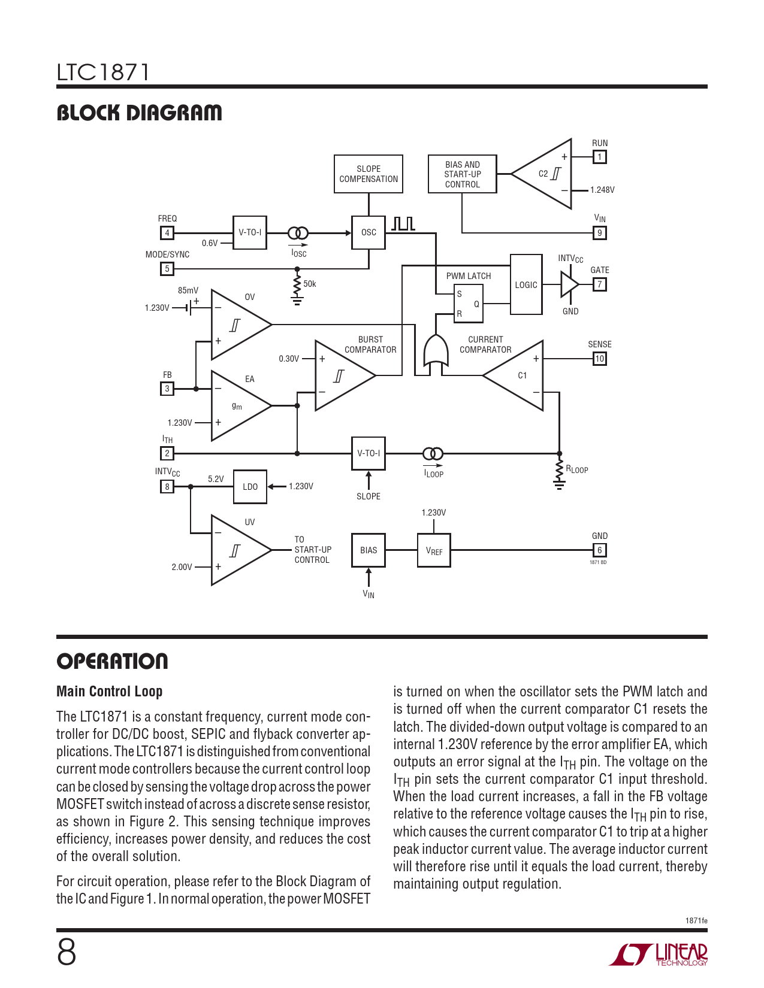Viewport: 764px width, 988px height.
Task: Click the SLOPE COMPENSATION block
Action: (368, 174)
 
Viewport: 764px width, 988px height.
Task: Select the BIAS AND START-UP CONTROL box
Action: (462, 174)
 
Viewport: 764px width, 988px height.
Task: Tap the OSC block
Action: (369, 232)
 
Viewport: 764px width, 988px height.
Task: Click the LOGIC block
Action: (526, 285)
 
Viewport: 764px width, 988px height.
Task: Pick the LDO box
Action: (250, 487)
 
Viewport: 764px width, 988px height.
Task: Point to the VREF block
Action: (434, 551)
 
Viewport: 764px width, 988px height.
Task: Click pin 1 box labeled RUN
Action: (599, 157)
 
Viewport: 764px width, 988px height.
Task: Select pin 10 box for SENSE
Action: (599, 359)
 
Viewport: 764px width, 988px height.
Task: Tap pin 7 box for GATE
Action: (599, 284)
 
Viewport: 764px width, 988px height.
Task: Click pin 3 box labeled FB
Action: (167, 389)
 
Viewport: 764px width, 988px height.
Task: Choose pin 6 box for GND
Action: (599, 550)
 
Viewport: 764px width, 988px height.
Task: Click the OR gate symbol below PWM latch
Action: (436, 351)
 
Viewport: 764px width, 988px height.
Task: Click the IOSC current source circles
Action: (298, 233)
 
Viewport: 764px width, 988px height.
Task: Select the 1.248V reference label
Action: (602, 190)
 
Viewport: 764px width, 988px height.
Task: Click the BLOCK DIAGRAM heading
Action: (139, 113)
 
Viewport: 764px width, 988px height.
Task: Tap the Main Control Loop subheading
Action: (110, 692)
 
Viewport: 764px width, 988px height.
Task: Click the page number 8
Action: (67, 952)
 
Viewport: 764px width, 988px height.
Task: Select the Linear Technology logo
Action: (659, 954)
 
